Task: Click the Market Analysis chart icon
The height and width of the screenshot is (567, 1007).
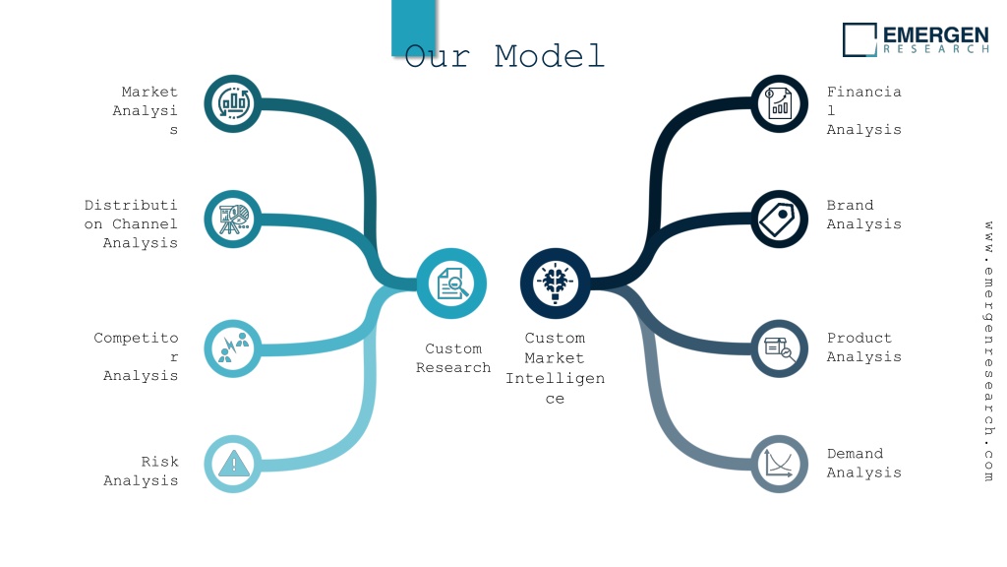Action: pyautogui.click(x=233, y=103)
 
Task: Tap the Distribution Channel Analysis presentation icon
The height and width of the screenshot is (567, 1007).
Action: pyautogui.click(x=234, y=220)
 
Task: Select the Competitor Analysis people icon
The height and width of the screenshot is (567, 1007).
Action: pyautogui.click(x=234, y=347)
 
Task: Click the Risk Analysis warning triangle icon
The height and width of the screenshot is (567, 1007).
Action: pyautogui.click(x=234, y=464)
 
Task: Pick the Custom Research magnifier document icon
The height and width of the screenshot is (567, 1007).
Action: pyautogui.click(x=452, y=283)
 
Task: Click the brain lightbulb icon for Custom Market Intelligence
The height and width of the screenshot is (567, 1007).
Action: pyautogui.click(x=555, y=283)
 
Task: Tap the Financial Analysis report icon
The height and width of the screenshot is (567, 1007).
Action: pyautogui.click(x=779, y=103)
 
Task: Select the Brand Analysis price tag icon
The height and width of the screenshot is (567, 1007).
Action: pyautogui.click(x=779, y=220)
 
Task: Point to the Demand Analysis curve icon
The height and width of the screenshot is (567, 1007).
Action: pyautogui.click(x=779, y=464)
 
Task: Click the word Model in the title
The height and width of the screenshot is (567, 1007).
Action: pyautogui.click(x=550, y=56)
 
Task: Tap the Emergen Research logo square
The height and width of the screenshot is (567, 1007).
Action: pyautogui.click(x=859, y=39)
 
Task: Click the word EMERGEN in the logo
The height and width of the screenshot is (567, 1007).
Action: pyautogui.click(x=936, y=34)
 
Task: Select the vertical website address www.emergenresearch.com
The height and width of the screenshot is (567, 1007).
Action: pyautogui.click(x=988, y=351)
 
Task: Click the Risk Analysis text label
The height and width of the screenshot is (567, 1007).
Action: pyautogui.click(x=141, y=472)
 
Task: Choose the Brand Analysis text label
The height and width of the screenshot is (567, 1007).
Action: pyautogui.click(x=863, y=215)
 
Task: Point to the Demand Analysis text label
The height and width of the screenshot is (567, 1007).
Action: pyautogui.click(x=863, y=463)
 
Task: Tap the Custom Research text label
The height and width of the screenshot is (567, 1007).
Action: pyautogui.click(x=453, y=358)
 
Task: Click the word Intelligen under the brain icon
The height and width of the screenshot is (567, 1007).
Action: pyautogui.click(x=555, y=379)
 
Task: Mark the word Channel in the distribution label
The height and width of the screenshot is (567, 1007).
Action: pyautogui.click(x=145, y=223)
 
